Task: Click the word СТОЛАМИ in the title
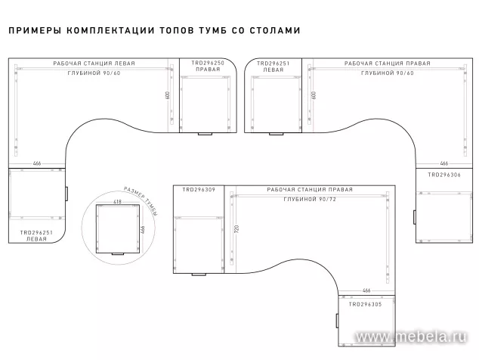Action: click(277, 32)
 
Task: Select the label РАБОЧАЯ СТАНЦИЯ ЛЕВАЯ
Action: click(94, 64)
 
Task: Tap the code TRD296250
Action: click(208, 64)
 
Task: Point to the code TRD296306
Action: click(444, 174)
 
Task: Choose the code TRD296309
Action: click(199, 189)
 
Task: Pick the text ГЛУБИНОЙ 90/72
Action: click(311, 198)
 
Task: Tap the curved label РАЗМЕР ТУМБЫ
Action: click(141, 202)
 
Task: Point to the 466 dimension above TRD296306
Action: click(444, 163)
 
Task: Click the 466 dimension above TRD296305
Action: click(366, 291)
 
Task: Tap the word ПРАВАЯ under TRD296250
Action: click(208, 70)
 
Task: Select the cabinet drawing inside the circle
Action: click(116, 230)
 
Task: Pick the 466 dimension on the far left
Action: click(36, 163)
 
